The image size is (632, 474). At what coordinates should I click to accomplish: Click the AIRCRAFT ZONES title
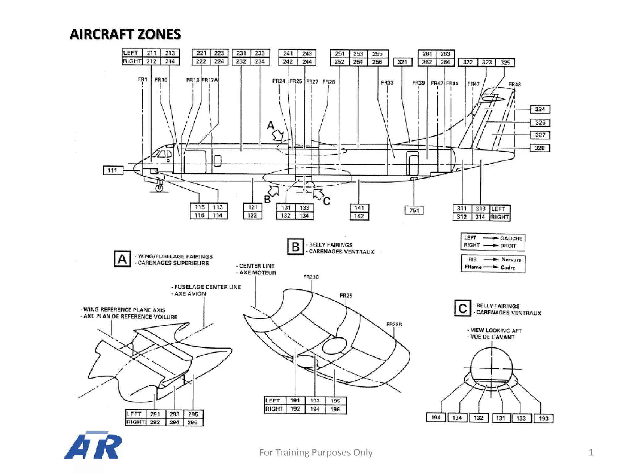tap(125, 34)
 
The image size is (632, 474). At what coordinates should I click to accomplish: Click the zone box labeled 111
tap(113, 170)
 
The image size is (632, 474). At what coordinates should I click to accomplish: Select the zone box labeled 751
tap(414, 210)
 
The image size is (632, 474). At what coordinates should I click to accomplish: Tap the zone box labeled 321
tap(402, 62)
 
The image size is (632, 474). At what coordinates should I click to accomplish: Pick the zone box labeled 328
tap(540, 148)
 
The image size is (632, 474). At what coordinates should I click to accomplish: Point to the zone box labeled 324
tap(540, 109)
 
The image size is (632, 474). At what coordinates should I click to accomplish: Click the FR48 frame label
tap(514, 84)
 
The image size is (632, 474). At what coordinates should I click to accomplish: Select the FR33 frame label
tap(387, 82)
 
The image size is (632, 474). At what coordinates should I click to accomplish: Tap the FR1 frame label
tap(142, 80)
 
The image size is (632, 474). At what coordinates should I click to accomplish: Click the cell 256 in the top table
tap(377, 62)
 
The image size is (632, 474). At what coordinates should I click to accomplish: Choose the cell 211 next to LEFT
tap(152, 53)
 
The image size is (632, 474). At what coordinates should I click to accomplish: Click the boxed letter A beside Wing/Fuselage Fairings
tap(122, 259)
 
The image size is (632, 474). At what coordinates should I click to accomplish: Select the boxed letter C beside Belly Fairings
tap(462, 308)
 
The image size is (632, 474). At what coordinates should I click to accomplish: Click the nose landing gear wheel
tap(159, 187)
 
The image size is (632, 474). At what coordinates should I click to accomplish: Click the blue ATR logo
tap(93, 446)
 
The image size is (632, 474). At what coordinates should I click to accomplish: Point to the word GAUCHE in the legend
tap(511, 239)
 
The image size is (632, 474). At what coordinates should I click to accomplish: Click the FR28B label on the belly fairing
tap(394, 324)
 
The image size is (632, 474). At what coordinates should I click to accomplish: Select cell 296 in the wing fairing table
tap(193, 422)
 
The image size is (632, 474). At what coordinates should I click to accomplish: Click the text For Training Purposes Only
tap(316, 452)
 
